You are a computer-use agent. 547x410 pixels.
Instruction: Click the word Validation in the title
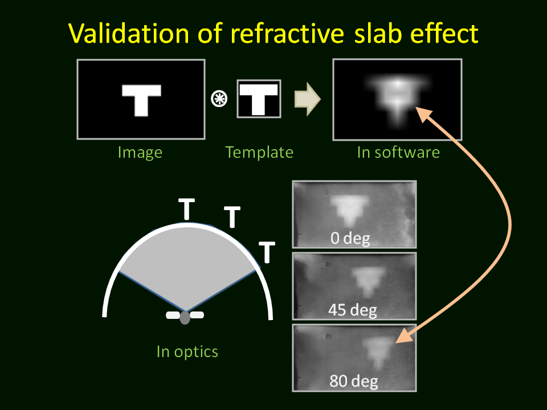[x=128, y=34]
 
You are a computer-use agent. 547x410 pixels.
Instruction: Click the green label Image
[x=140, y=153]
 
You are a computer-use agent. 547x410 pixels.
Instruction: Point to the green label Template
[x=259, y=153]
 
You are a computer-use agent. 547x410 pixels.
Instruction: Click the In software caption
[x=398, y=153]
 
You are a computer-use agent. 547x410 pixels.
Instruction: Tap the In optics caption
[x=187, y=352]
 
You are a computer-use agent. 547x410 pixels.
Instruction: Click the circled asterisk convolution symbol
[x=219, y=99]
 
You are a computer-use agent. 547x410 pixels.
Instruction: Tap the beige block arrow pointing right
[x=307, y=99]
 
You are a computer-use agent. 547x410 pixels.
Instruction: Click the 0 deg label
[x=350, y=238]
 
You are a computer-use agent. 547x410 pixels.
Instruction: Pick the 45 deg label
[x=353, y=310]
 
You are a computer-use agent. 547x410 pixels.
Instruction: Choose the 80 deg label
[x=354, y=381]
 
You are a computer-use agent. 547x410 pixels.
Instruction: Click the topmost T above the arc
[x=187, y=209]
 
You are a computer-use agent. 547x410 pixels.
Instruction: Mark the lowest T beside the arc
[x=267, y=252]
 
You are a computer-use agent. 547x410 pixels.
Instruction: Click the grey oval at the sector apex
[x=185, y=318]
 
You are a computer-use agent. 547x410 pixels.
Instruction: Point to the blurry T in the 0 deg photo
[x=349, y=210]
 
